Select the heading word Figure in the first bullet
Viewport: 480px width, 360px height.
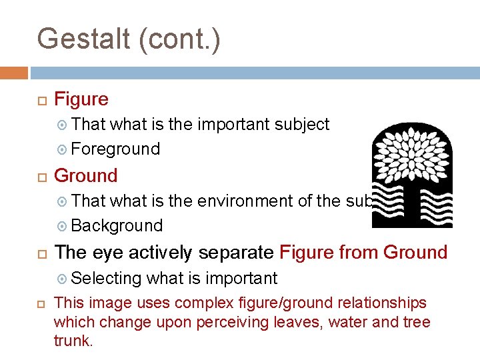[81, 99]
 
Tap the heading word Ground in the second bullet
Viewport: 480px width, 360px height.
[85, 176]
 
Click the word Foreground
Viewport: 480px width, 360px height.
[115, 149]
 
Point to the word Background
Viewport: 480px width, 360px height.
[117, 225]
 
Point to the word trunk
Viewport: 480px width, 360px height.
[72, 341]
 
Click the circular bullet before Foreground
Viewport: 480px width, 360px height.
[62, 149]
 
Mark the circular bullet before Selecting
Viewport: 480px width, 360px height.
[62, 279]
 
